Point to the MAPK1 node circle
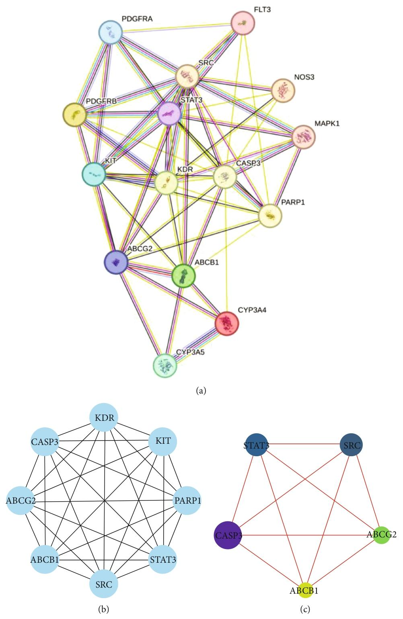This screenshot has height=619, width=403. point(304,137)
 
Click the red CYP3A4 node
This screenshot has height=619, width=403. point(226,323)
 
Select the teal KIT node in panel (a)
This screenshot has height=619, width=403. point(94,174)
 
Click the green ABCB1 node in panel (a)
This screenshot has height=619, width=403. point(183,276)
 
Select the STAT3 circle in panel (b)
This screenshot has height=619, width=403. point(162,558)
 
